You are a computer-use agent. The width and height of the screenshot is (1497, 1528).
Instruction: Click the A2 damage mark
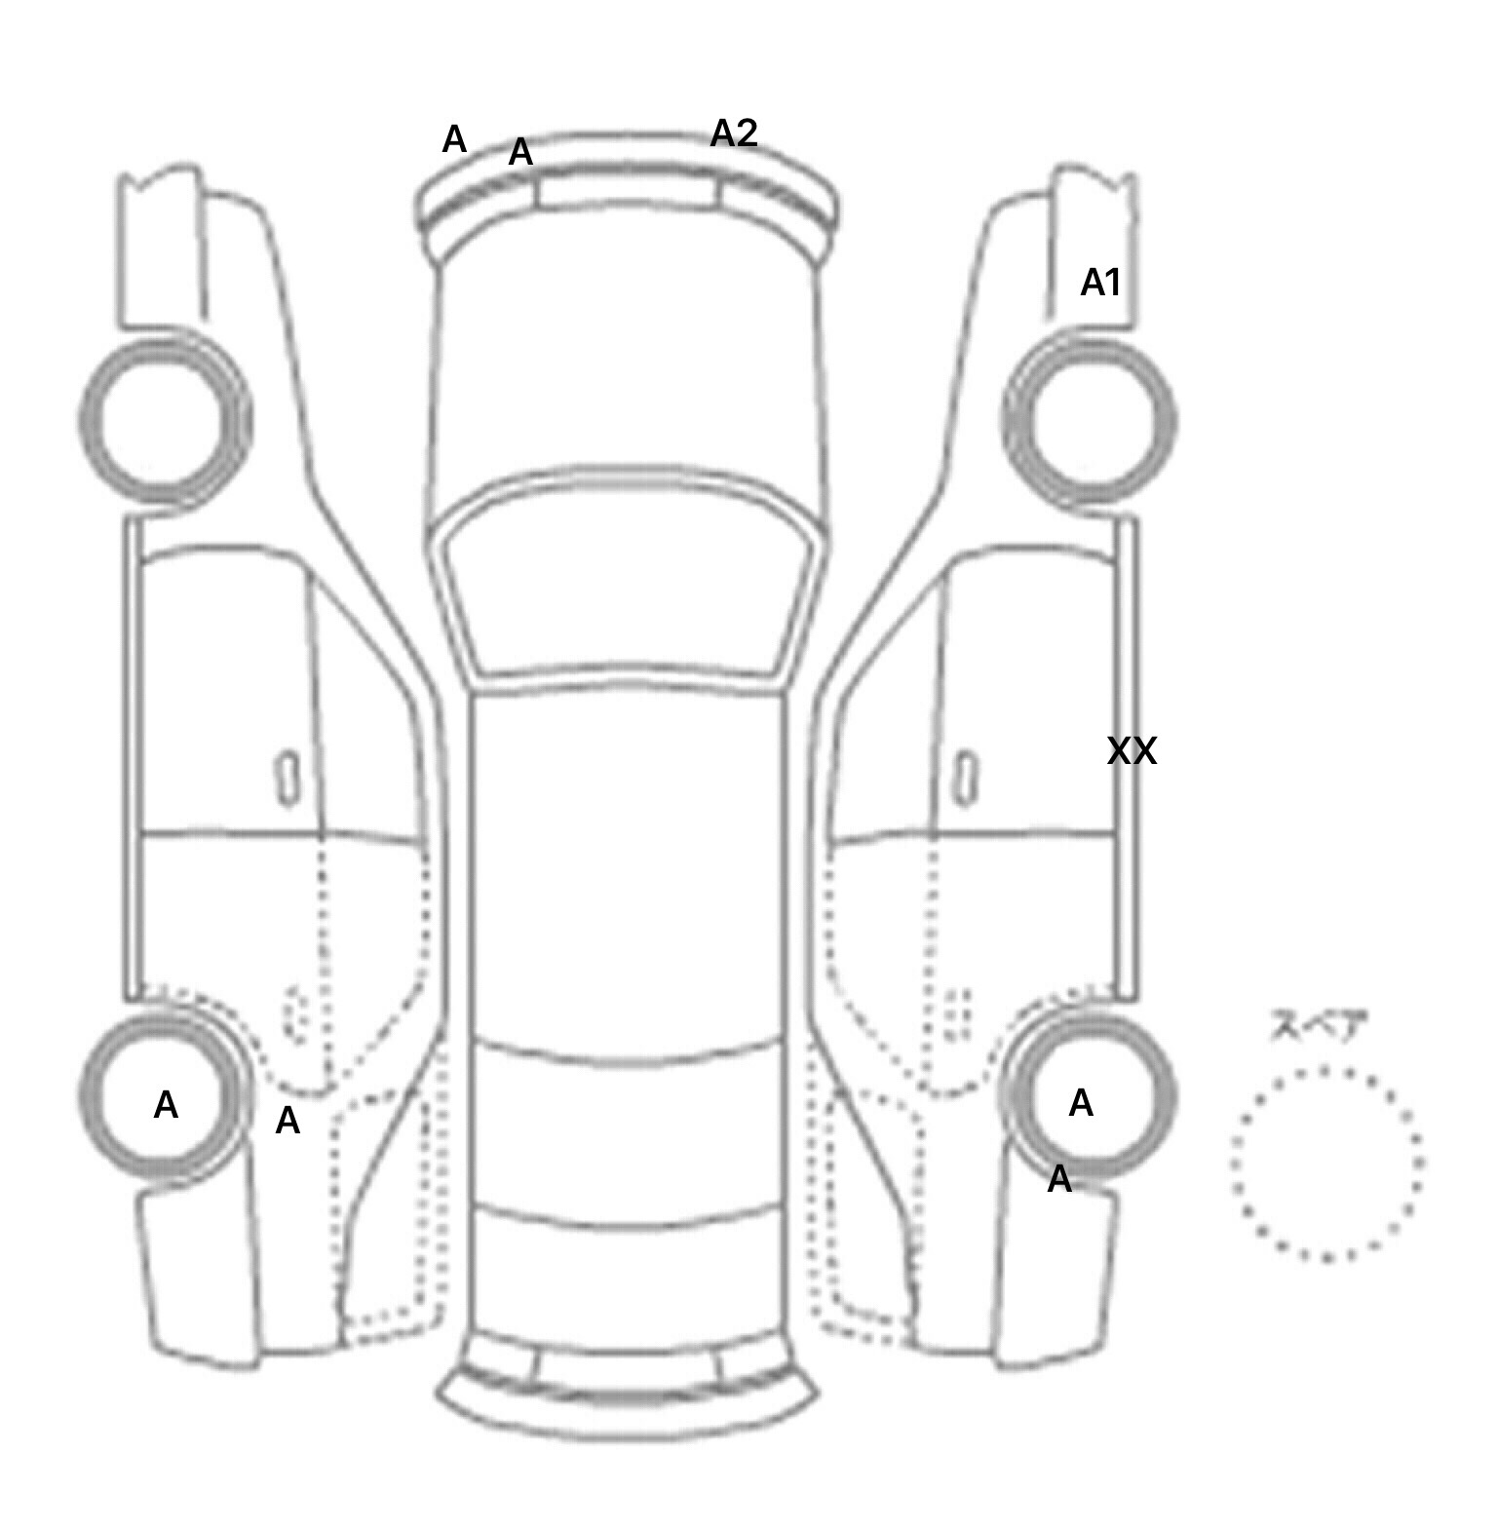pyautogui.click(x=733, y=134)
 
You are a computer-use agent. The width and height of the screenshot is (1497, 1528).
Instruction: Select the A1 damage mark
pyautogui.click(x=1100, y=284)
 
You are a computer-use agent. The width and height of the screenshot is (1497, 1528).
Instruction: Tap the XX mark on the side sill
pyautogui.click(x=1132, y=751)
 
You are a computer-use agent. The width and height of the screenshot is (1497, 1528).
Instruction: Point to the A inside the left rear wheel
pyautogui.click(x=166, y=1105)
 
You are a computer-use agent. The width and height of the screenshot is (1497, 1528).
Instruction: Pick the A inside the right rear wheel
pyautogui.click(x=1080, y=1103)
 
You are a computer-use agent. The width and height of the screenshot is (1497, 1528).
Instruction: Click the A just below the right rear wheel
pyautogui.click(x=1058, y=1180)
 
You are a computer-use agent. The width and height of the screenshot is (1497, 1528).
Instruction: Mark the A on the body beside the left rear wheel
pyautogui.click(x=287, y=1122)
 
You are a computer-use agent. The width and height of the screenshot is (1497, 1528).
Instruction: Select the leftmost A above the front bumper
pyautogui.click(x=454, y=140)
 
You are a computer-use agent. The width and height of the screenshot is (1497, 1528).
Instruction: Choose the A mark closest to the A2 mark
pyautogui.click(x=520, y=152)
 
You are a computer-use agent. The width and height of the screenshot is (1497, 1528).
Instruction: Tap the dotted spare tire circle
pyautogui.click(x=1326, y=1163)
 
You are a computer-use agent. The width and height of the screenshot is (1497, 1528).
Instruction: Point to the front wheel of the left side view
pyautogui.click(x=164, y=421)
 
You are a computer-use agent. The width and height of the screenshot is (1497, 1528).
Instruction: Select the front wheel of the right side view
pyautogui.click(x=1090, y=421)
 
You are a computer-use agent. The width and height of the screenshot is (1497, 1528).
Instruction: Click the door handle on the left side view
pyautogui.click(x=287, y=778)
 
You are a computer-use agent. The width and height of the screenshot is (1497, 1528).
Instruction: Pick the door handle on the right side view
pyautogui.click(x=965, y=778)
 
